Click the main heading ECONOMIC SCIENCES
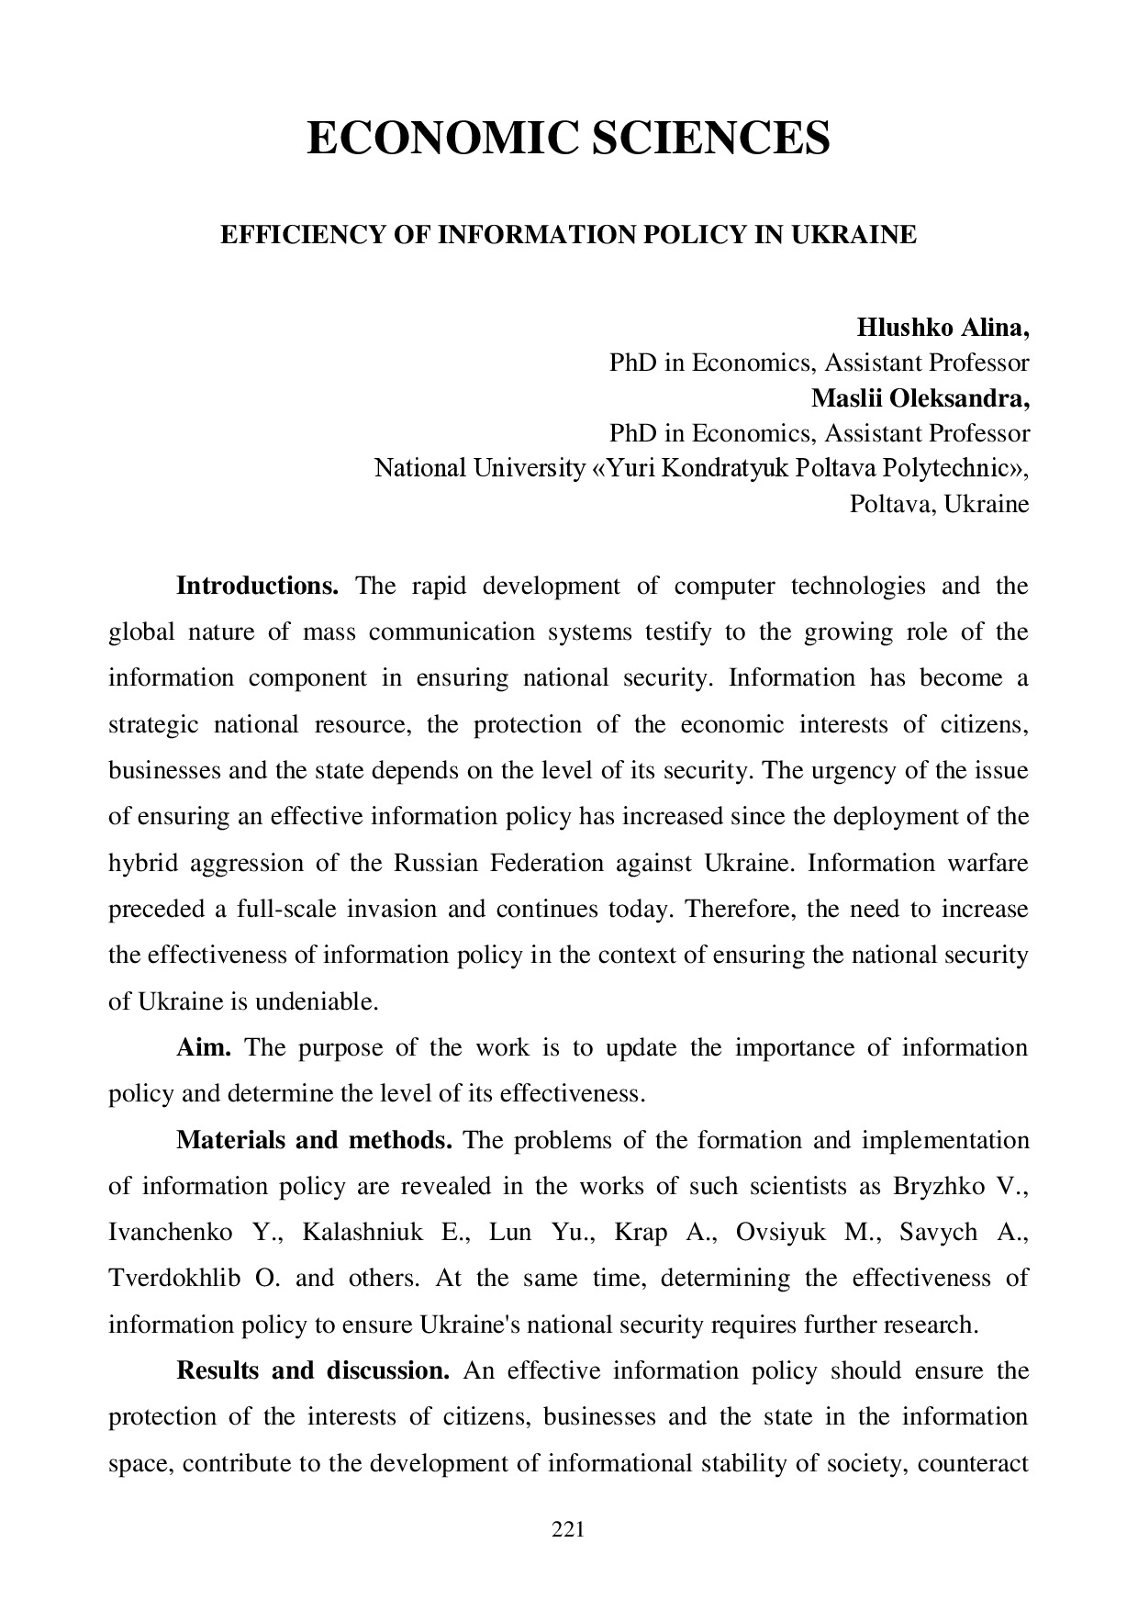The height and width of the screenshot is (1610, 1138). tap(568, 138)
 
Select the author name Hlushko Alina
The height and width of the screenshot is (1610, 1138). tap(943, 328)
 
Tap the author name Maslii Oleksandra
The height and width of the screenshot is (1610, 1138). tap(920, 398)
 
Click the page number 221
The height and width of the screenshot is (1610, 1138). tap(568, 1529)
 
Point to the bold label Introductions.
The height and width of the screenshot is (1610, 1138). tap(257, 586)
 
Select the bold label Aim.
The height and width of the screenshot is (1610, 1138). tap(203, 1047)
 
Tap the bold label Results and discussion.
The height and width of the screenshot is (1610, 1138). tap(312, 1370)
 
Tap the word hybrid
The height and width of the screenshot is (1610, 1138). tap(142, 863)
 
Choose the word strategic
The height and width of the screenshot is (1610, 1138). tap(153, 724)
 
